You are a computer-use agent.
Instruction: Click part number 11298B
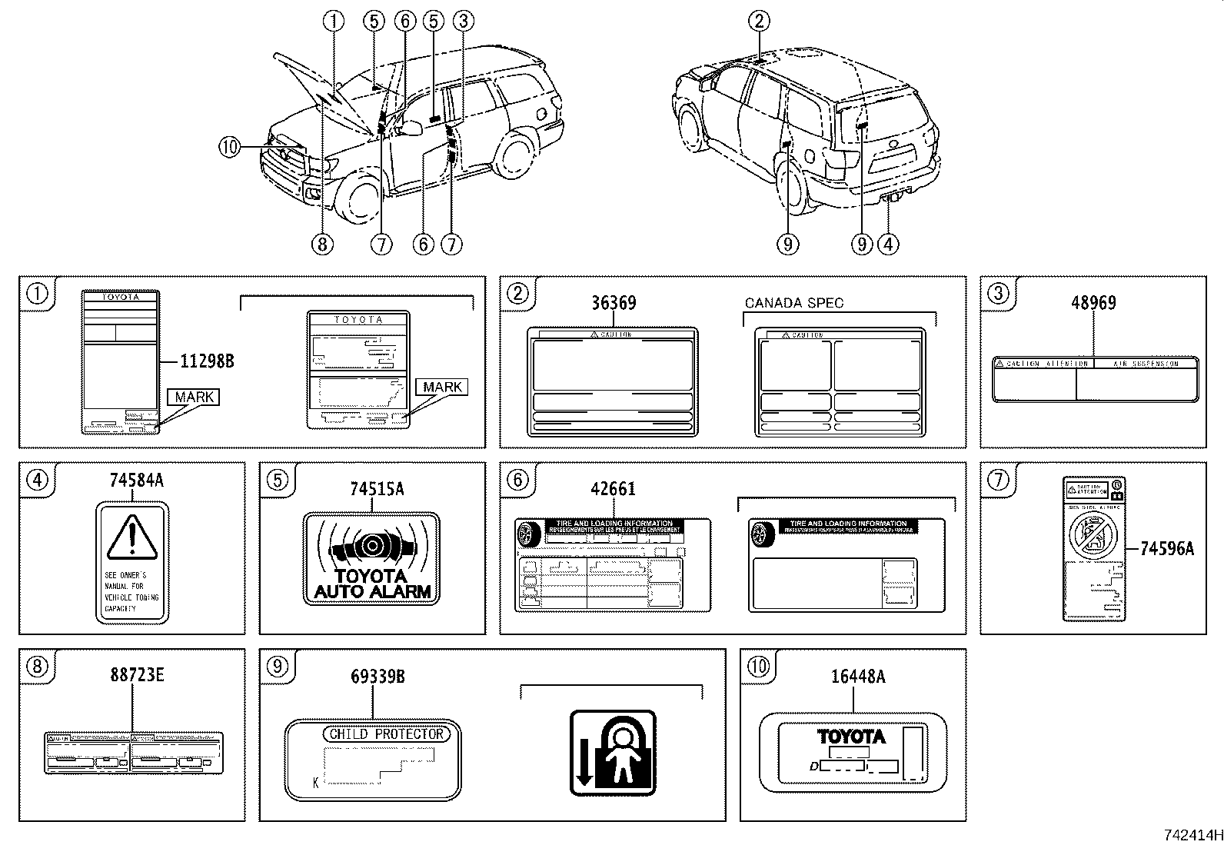click(207, 360)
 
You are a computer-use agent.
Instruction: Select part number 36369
click(613, 303)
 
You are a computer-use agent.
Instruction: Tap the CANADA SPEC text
click(793, 303)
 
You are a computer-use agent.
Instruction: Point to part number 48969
click(1093, 303)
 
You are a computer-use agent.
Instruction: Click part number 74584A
click(136, 481)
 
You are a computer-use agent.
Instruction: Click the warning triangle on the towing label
click(132, 536)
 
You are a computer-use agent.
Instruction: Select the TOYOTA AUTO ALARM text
click(373, 584)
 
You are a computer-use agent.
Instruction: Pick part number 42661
click(613, 489)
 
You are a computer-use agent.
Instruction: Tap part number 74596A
click(1166, 548)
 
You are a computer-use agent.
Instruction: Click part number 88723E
click(136, 675)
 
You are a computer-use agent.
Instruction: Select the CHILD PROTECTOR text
click(386, 734)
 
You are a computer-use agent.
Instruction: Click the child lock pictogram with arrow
click(612, 752)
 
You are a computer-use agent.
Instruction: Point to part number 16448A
click(857, 676)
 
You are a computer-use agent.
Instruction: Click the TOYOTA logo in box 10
click(851, 736)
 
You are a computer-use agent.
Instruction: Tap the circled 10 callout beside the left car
click(229, 146)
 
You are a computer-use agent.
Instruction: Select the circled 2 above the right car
click(759, 21)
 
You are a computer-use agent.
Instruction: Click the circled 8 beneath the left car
click(321, 245)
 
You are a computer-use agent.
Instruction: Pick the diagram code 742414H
click(1190, 834)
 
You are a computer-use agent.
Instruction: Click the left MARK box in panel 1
click(194, 397)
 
